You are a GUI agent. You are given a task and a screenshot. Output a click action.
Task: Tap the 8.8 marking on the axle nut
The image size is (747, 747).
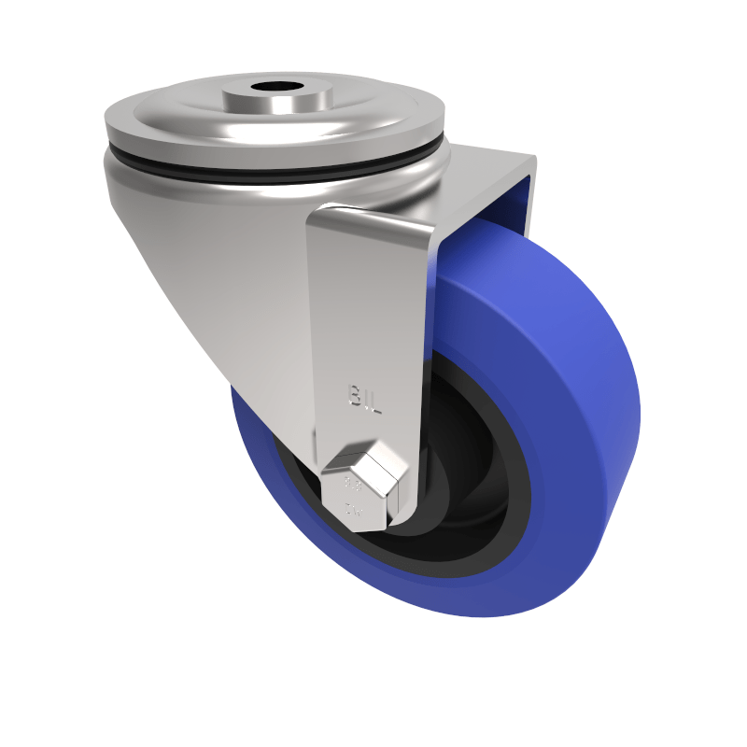coord(353,485)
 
